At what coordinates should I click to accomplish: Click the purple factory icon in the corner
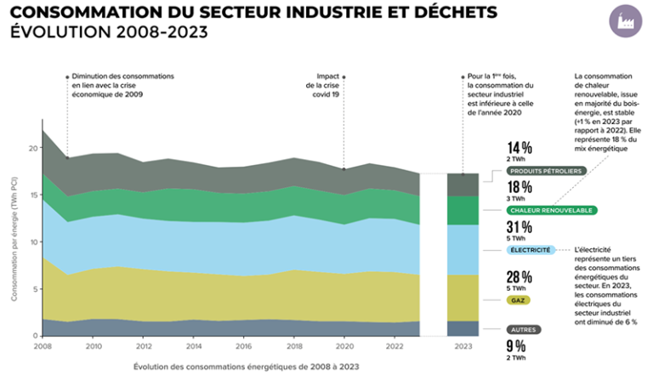627,19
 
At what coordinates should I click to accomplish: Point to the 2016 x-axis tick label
243,346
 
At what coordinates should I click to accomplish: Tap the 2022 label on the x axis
395,346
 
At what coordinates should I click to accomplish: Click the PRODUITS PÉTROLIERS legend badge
543,171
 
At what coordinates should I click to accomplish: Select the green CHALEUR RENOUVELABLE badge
549,210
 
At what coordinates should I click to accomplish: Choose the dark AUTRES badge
523,329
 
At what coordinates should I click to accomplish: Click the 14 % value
520,147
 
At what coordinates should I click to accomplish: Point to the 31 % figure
520,227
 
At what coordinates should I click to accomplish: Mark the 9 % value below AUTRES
516,345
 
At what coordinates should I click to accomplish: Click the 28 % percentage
520,276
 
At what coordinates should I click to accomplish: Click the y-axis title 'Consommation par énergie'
14,243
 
